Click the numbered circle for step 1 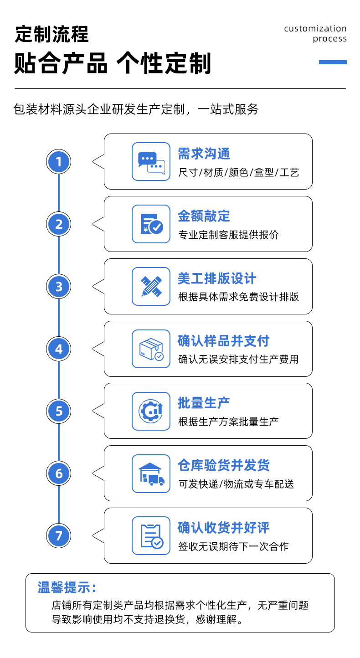pyautogui.click(x=59, y=161)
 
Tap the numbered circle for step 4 pyautogui.click(x=59, y=349)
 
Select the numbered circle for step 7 pyautogui.click(x=59, y=535)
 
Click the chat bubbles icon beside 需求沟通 pyautogui.click(x=151, y=161)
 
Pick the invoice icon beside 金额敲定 pyautogui.click(x=151, y=224)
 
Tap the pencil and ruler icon pyautogui.click(x=151, y=286)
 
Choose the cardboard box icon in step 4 pyautogui.click(x=151, y=349)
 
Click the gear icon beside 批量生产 pyautogui.click(x=151, y=411)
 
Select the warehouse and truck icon pyautogui.click(x=151, y=473)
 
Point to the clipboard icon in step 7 pyautogui.click(x=151, y=536)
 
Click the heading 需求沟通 pyautogui.click(x=204, y=154)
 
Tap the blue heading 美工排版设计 pyautogui.click(x=217, y=278)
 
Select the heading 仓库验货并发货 pyautogui.click(x=224, y=465)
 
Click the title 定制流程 pyautogui.click(x=52, y=34)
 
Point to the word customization pyautogui.click(x=315, y=29)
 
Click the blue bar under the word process pyautogui.click(x=333, y=62)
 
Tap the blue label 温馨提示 pyautogui.click(x=67, y=587)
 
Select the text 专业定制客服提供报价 pyautogui.click(x=228, y=235)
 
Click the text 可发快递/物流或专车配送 pyautogui.click(x=236, y=484)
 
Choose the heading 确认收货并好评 pyautogui.click(x=224, y=528)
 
